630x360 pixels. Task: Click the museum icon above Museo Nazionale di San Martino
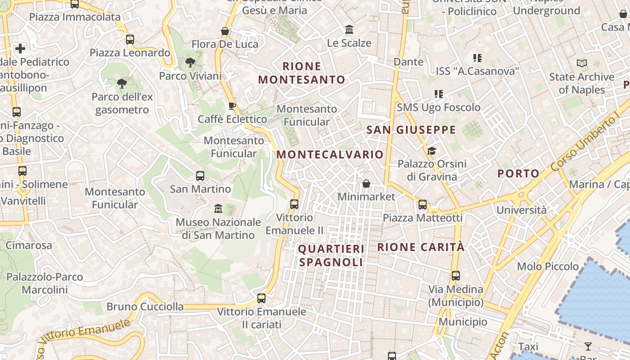click(x=218, y=208)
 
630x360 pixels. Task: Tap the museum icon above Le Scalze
click(x=349, y=30)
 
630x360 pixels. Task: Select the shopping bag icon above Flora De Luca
click(x=225, y=31)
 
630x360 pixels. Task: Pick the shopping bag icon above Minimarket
click(x=366, y=184)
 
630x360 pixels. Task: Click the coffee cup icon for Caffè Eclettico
click(x=232, y=106)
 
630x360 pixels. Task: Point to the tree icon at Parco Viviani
click(x=190, y=63)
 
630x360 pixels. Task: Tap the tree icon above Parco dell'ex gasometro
click(x=122, y=83)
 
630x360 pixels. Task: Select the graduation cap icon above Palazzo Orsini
click(x=432, y=151)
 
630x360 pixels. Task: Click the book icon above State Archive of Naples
click(x=582, y=63)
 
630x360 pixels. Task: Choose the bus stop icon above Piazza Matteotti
click(x=423, y=205)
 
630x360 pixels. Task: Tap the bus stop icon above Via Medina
click(x=456, y=276)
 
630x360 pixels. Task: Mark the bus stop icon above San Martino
click(x=200, y=176)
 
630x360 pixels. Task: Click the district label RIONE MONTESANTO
click(x=301, y=73)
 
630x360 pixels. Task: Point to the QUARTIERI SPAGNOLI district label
click(x=331, y=255)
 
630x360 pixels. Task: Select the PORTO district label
click(x=518, y=173)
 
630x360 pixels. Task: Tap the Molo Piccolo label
click(x=548, y=266)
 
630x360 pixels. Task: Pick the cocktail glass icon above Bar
click(x=588, y=346)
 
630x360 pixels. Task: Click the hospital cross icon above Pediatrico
click(x=20, y=49)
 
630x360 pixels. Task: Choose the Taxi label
click(x=528, y=347)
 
